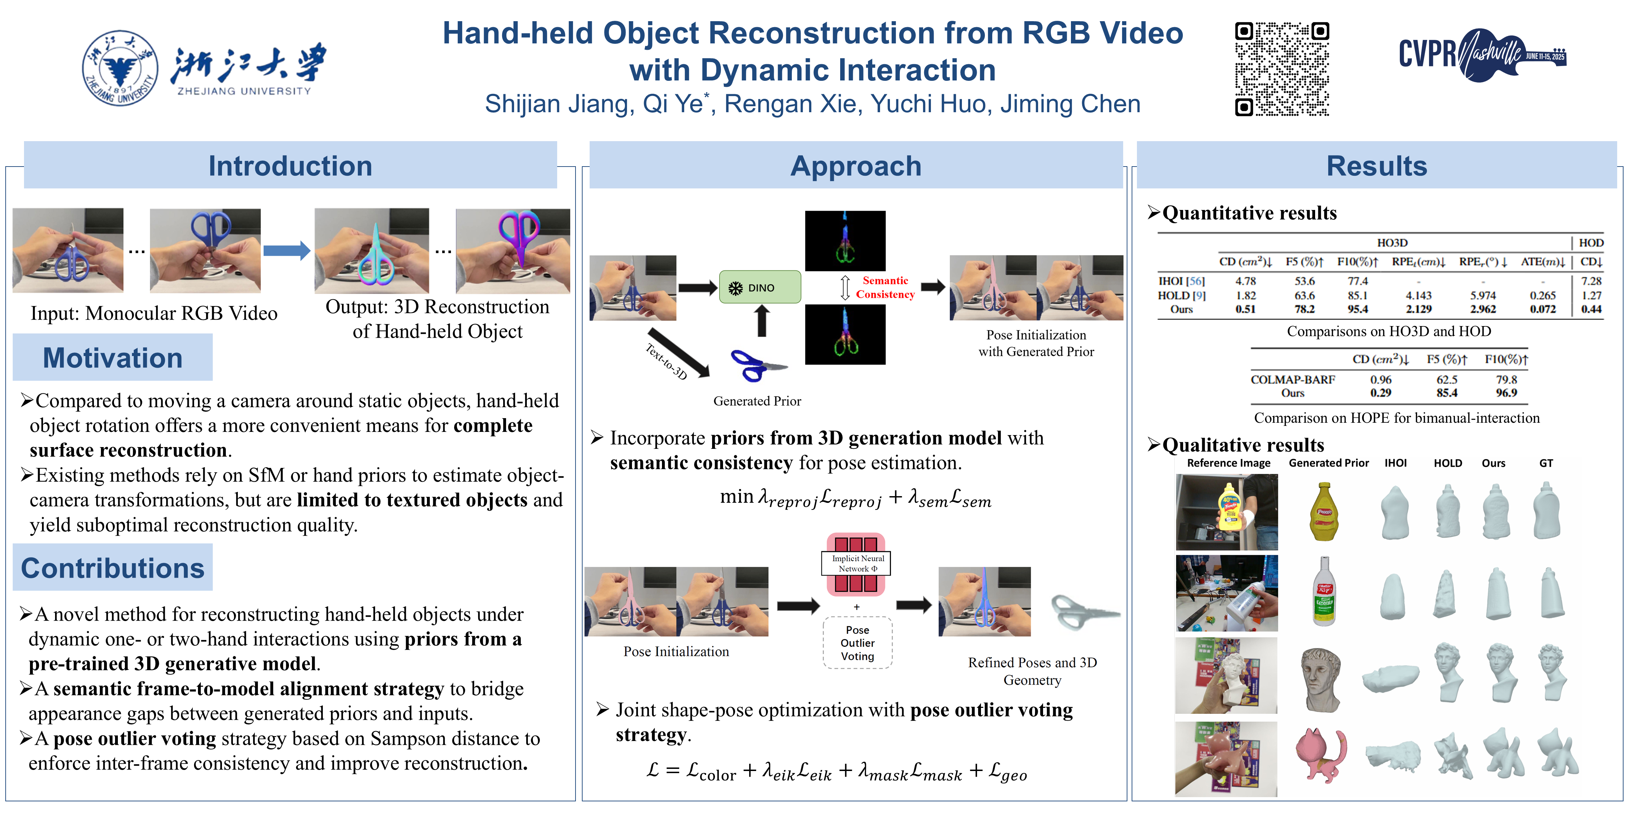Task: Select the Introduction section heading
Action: (290, 166)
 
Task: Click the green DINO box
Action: (760, 287)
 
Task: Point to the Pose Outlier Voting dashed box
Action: (857, 643)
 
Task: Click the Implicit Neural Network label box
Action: (856, 563)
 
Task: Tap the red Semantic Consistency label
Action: (885, 287)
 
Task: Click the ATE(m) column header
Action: (1542, 261)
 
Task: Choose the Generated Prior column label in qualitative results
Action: (1328, 463)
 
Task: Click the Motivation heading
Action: (112, 358)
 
